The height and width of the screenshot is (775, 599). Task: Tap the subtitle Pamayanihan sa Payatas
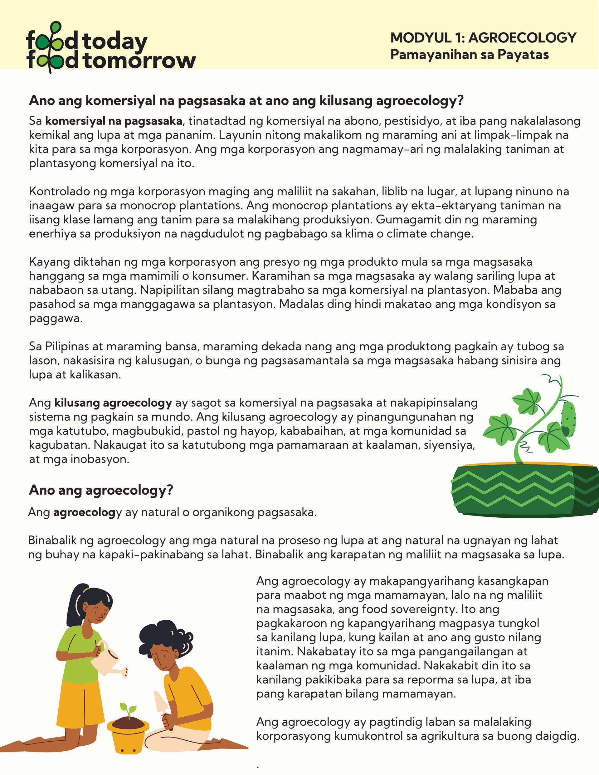coord(470,55)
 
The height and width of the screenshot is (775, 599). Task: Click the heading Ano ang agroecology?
coord(101,490)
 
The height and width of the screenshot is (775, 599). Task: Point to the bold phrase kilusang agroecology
coord(113,403)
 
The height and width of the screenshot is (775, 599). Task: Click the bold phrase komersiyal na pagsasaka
coord(114,121)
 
